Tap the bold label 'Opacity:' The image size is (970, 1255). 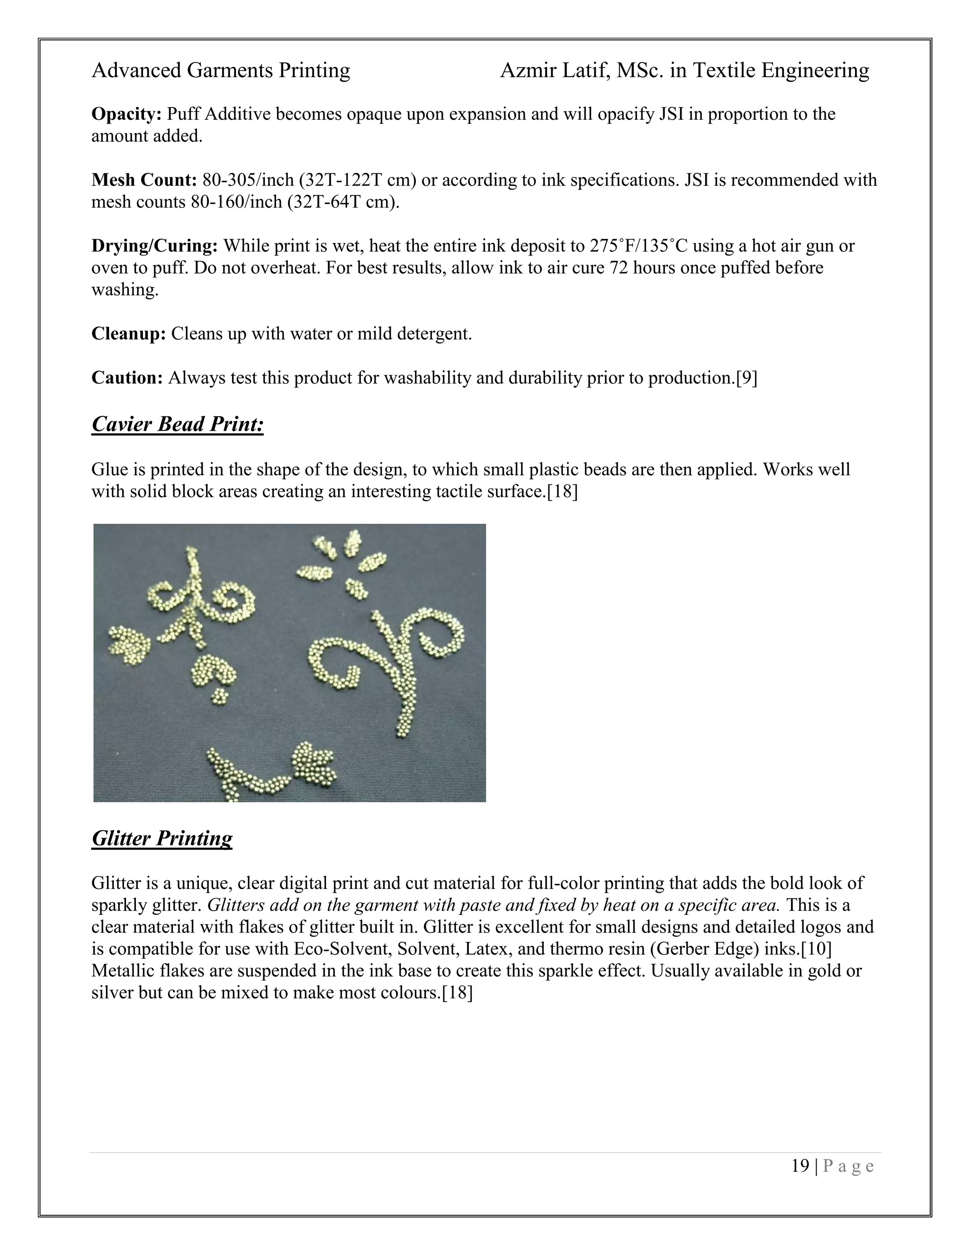[x=127, y=114]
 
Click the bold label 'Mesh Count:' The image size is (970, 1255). [x=144, y=180]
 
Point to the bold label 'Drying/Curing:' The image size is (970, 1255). [x=154, y=246]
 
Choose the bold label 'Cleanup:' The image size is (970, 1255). [x=129, y=333]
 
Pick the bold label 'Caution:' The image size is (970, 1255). [x=127, y=377]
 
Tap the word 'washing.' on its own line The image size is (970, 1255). [x=125, y=290]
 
